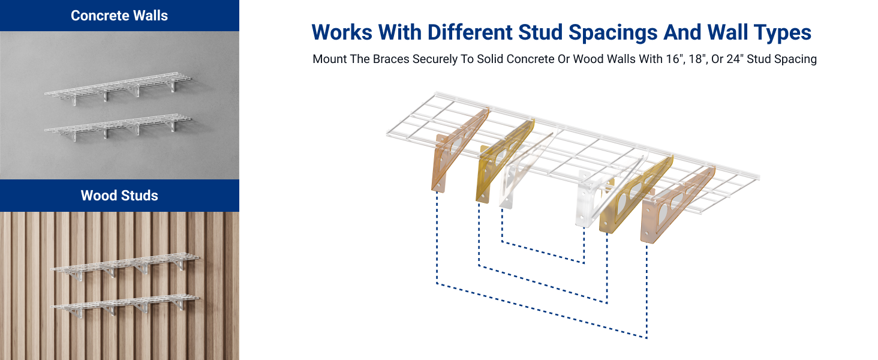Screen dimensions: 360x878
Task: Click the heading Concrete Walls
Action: [119, 16]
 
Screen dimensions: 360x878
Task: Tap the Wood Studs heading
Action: [119, 196]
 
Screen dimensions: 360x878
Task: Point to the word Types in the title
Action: [780, 32]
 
